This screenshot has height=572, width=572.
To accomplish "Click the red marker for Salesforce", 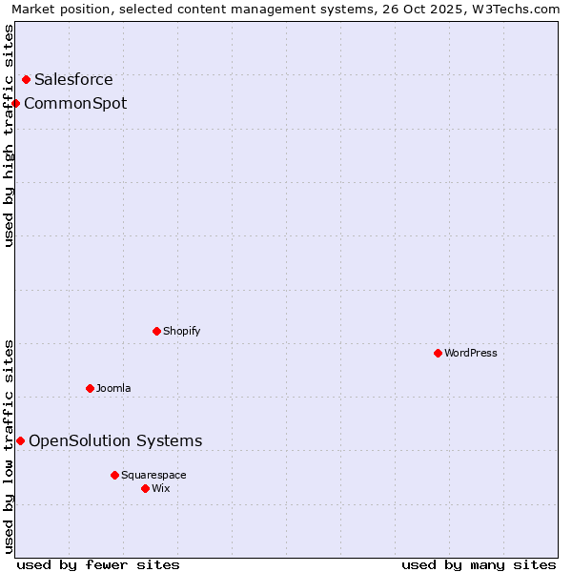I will pyautogui.click(x=26, y=80).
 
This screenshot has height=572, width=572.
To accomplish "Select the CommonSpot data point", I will pyautogui.click(x=16, y=103).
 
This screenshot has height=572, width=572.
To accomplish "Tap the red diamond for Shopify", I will pyautogui.click(x=157, y=331).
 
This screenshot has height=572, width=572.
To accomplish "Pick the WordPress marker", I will pyautogui.click(x=439, y=353).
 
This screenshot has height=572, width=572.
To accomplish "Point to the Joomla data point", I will pyautogui.click(x=91, y=388).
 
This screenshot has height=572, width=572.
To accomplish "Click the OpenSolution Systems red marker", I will pyautogui.click(x=20, y=440).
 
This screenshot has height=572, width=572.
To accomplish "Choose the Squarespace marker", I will pyautogui.click(x=114, y=475).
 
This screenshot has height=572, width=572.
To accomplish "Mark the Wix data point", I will pyautogui.click(x=145, y=488).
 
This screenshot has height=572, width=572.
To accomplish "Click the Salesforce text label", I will pyautogui.click(x=73, y=80).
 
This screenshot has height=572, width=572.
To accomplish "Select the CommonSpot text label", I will pyautogui.click(x=75, y=103).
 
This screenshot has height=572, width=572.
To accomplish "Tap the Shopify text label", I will pyautogui.click(x=181, y=331).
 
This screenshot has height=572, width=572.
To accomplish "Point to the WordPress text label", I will pyautogui.click(x=471, y=353).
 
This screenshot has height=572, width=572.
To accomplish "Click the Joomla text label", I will pyautogui.click(x=113, y=388).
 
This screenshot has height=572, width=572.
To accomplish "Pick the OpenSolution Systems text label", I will pyautogui.click(x=115, y=440).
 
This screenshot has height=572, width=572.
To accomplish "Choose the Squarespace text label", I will pyautogui.click(x=153, y=475).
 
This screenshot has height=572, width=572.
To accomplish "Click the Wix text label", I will pyautogui.click(x=160, y=488).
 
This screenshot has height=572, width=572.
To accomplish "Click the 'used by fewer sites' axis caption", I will pyautogui.click(x=98, y=564).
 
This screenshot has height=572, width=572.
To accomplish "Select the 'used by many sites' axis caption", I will pyautogui.click(x=479, y=564).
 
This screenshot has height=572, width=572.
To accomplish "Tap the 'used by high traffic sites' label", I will pyautogui.click(x=9, y=135).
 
